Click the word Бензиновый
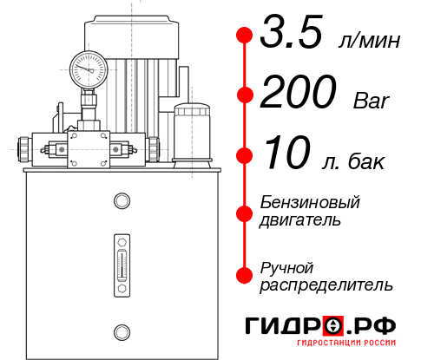(x=310, y=203)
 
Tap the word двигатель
(x=299, y=220)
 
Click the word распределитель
(x=326, y=285)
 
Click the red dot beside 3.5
(x=244, y=36)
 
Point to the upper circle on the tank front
(x=121, y=201)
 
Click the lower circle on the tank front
(x=121, y=331)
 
